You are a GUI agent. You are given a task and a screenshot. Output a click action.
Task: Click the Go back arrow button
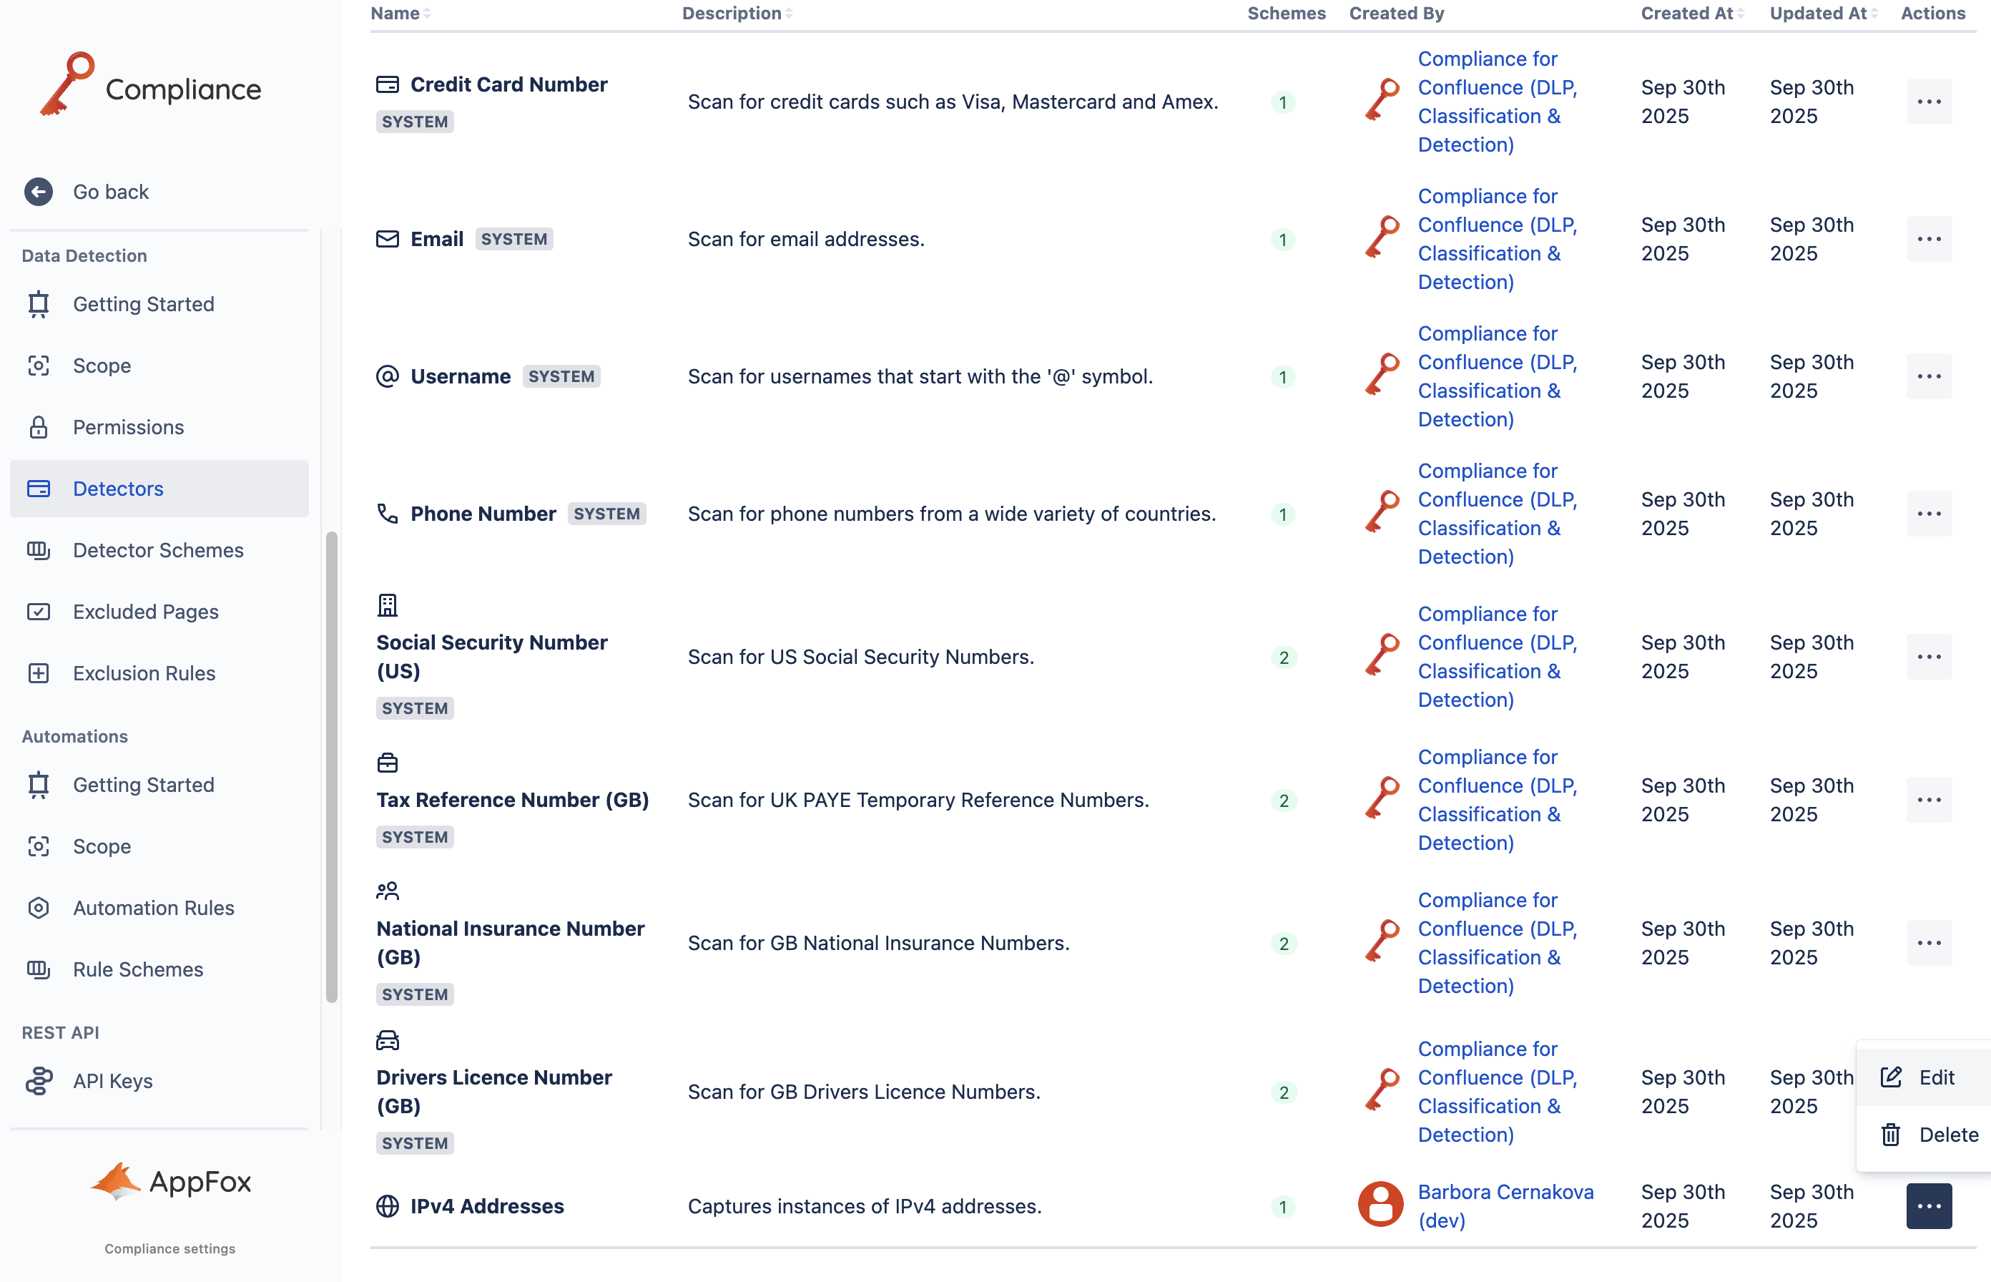(x=39, y=192)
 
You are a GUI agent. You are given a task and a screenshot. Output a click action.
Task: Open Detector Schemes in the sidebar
(x=158, y=550)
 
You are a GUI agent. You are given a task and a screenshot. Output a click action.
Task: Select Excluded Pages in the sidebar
(x=146, y=612)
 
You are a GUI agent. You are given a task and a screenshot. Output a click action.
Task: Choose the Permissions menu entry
(x=128, y=427)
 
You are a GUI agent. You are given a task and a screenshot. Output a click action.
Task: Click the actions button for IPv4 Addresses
(x=1929, y=1205)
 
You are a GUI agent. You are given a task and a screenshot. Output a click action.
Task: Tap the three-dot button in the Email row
(x=1929, y=239)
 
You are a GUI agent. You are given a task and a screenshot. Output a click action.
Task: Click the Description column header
(x=732, y=14)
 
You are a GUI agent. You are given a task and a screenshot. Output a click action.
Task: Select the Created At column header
(x=1686, y=14)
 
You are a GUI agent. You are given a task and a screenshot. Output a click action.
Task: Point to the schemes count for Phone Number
(x=1283, y=514)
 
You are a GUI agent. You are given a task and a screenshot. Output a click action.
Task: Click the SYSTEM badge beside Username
(x=561, y=376)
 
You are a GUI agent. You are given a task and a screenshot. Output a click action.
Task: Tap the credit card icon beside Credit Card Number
(x=388, y=84)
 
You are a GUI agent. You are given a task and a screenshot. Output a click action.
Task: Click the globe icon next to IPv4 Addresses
(x=388, y=1205)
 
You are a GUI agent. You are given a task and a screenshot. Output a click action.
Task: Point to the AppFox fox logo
(x=116, y=1180)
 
